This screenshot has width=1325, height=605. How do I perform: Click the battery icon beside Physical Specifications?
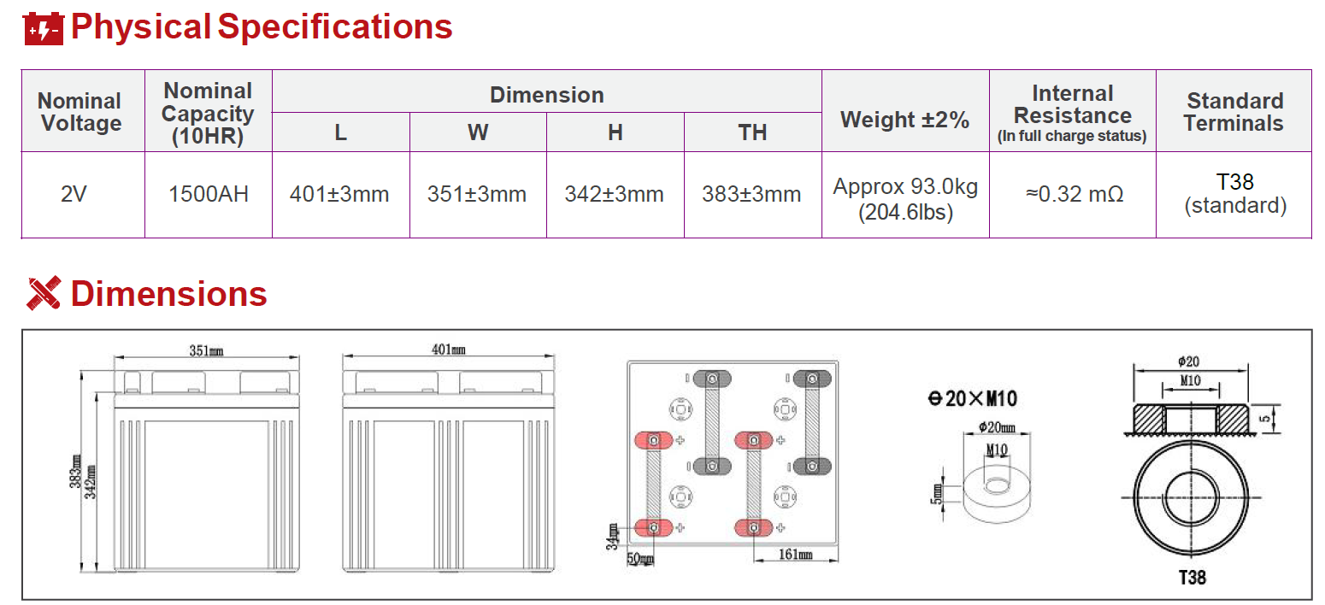click(44, 28)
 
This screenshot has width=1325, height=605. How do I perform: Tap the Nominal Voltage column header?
click(79, 112)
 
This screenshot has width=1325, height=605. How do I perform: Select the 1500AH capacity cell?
click(209, 194)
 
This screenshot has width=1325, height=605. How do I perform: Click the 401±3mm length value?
click(339, 194)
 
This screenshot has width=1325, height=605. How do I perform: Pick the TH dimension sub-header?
click(752, 132)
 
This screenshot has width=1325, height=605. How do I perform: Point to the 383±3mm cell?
click(751, 194)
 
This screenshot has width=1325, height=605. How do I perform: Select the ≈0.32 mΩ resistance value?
click(1075, 194)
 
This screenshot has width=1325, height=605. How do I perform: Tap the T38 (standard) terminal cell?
click(1235, 193)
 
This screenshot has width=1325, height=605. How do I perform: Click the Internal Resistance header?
click(1073, 113)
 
